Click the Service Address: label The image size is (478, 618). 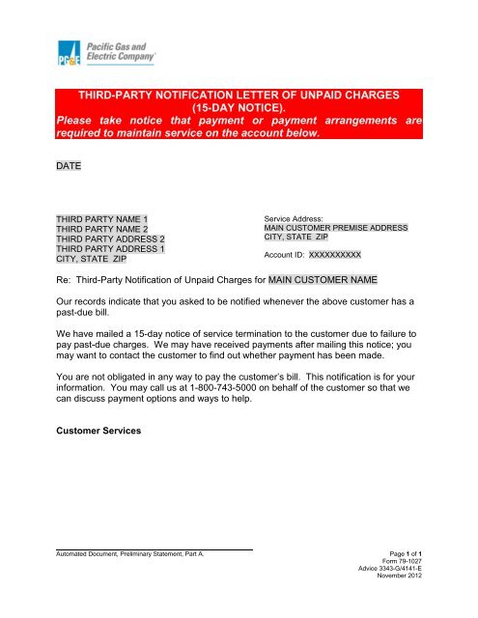295,219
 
